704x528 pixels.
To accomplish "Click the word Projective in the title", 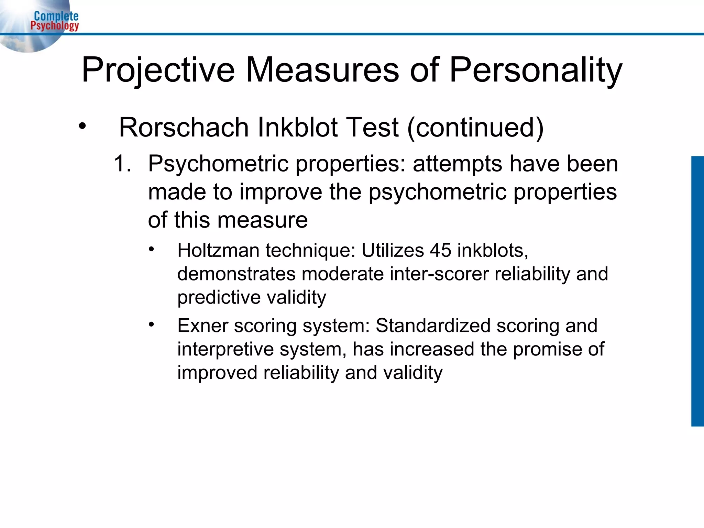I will coord(158,70).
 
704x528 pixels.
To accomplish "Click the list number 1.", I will coord(122,163).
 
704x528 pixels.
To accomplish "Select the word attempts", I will coord(458,164).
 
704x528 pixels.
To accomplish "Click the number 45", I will coord(440,250).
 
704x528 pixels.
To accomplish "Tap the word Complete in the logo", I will coord(56,16).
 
